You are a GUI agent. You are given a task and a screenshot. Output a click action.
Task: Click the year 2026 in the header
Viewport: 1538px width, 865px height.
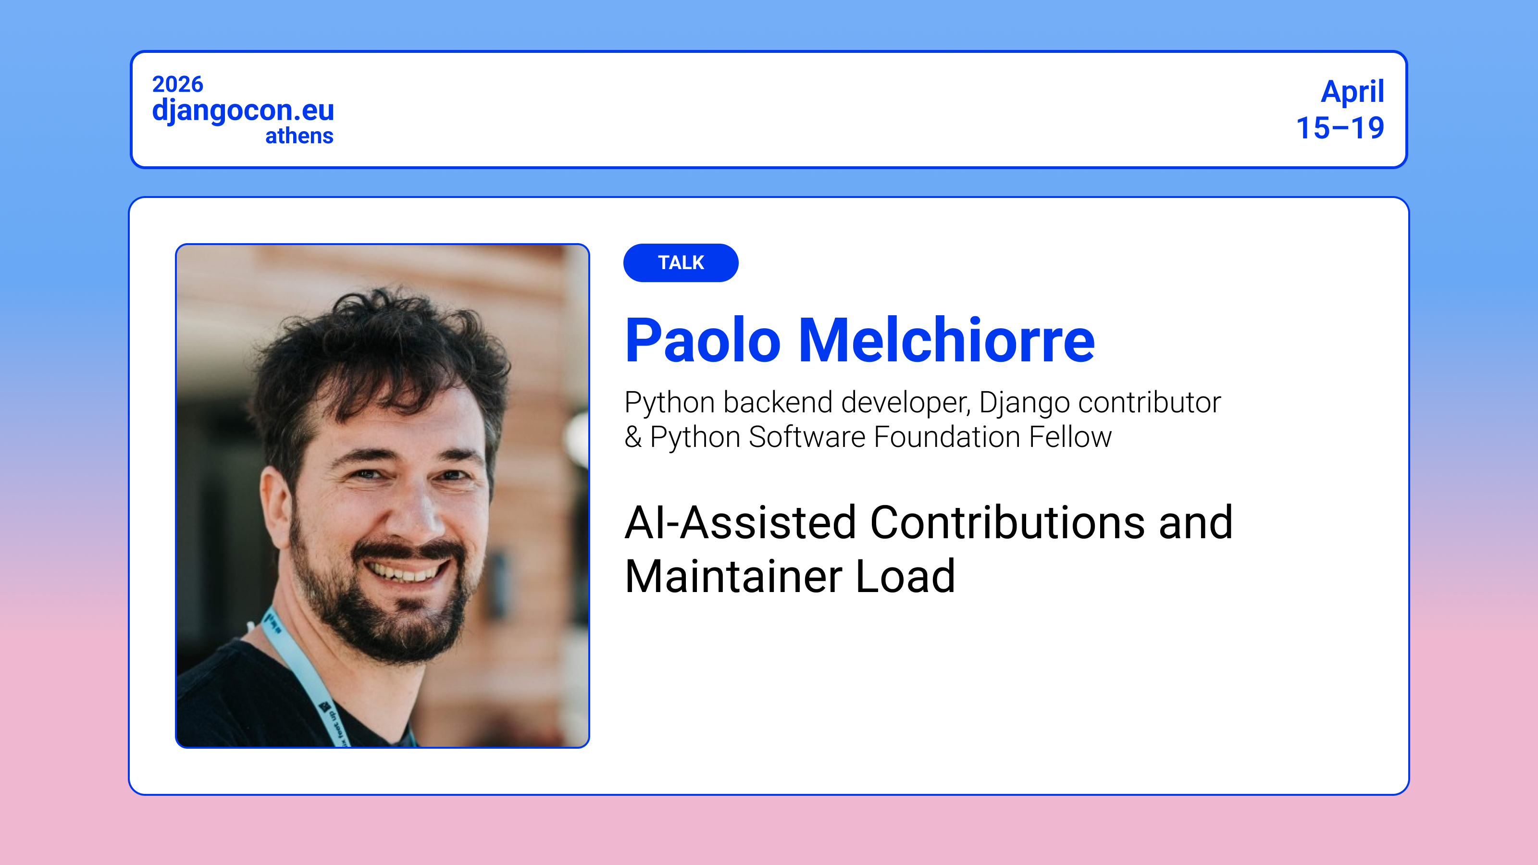tap(177, 84)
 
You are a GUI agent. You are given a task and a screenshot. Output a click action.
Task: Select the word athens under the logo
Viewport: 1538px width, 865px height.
tap(299, 136)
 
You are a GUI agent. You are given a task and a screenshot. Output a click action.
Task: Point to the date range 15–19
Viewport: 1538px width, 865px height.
tap(1340, 128)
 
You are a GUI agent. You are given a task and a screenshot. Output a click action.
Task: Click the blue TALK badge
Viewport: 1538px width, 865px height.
tap(681, 263)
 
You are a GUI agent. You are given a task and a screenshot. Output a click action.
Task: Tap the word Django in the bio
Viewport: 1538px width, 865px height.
tap(1024, 403)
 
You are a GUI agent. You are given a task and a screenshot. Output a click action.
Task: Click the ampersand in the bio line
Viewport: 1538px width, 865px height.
tap(633, 437)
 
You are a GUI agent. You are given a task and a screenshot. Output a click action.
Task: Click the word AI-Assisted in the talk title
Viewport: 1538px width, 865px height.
tap(740, 522)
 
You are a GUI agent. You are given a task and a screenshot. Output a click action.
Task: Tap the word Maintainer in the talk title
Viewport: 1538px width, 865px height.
tap(732, 576)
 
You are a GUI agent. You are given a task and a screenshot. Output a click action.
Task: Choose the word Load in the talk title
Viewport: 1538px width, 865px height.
tap(905, 576)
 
